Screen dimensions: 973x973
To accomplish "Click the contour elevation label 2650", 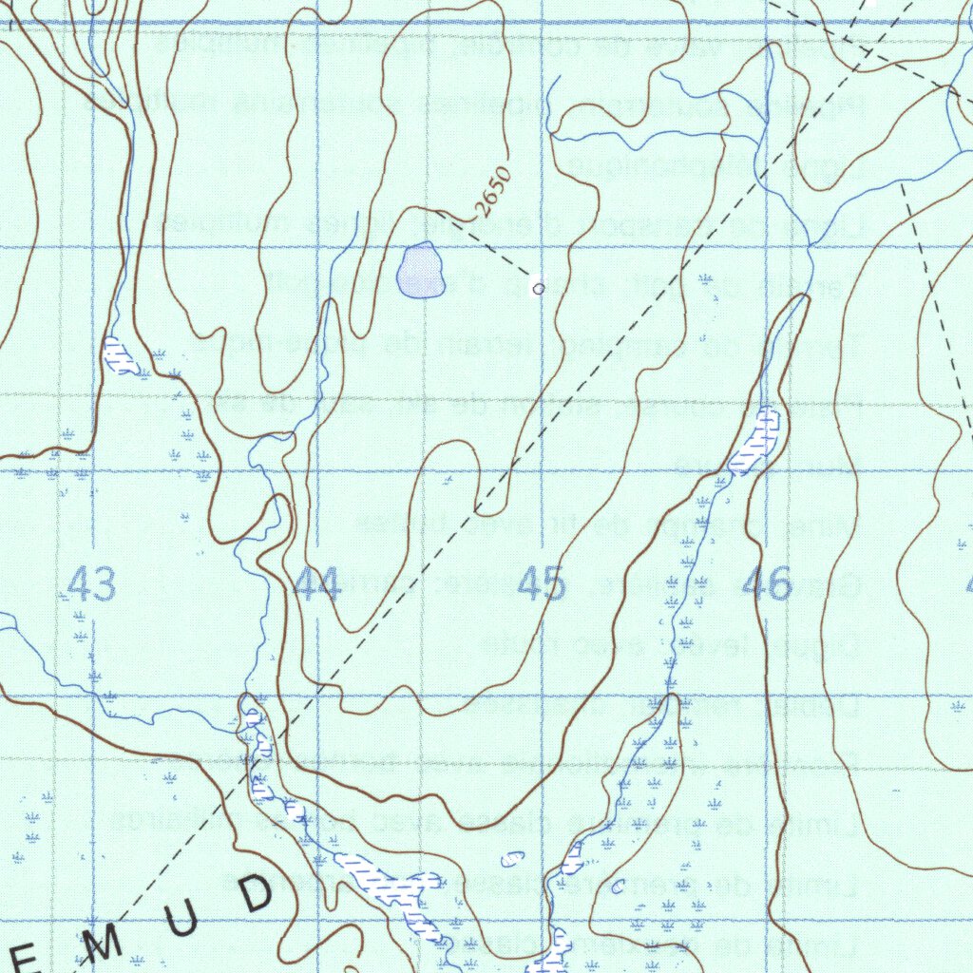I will [x=495, y=192].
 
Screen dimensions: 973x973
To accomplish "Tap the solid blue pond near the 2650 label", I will [x=421, y=271].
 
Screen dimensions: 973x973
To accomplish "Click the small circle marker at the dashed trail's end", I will [x=539, y=288].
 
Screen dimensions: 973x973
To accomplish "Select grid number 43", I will [x=92, y=584].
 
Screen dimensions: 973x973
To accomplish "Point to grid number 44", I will [x=317, y=584].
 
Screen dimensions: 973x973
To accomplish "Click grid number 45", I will [x=542, y=584].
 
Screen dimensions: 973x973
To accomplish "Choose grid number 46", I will [x=768, y=584].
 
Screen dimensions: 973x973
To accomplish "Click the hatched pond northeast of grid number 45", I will [x=757, y=442].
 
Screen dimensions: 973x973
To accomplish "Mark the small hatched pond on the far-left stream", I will [x=119, y=355].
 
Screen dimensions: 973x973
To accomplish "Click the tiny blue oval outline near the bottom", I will [x=511, y=859].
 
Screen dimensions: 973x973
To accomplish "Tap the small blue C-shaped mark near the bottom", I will [x=618, y=887].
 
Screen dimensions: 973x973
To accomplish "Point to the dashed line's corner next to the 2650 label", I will [x=450, y=224].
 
